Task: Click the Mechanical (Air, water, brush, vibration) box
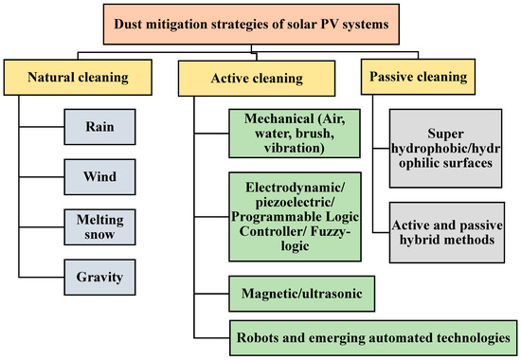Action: point(290,135)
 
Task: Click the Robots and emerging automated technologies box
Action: point(373,336)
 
